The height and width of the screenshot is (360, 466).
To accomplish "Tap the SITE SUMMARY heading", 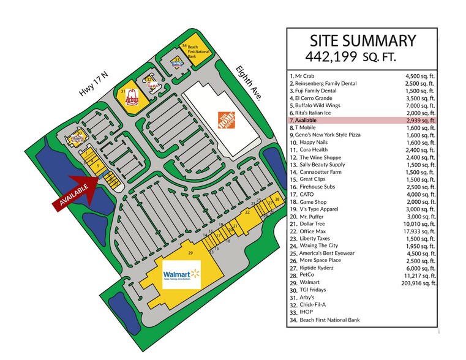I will (x=363, y=41).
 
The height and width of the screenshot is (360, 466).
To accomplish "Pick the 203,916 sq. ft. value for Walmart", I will (x=416, y=283).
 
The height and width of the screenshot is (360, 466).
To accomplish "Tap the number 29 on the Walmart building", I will (x=190, y=253).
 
